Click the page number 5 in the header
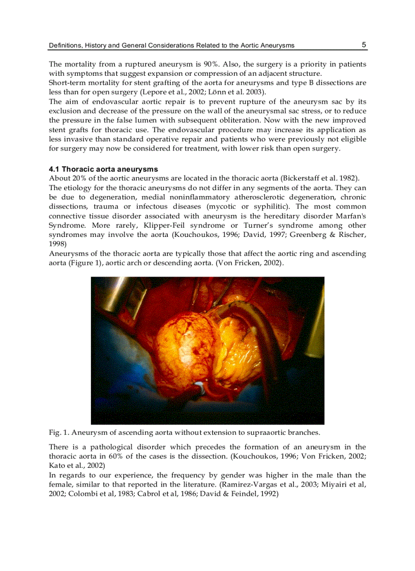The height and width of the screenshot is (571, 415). (364, 45)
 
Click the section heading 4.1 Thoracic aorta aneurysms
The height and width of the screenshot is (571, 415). (103, 169)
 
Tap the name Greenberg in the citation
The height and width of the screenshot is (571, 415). (308, 234)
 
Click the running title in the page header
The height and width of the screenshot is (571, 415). (171, 45)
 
